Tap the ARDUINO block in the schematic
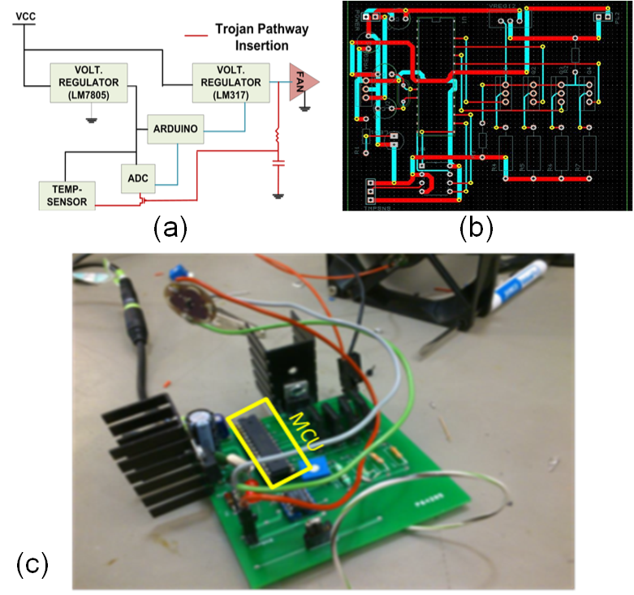tap(175, 127)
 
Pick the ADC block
tap(136, 178)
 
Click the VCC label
tap(27, 16)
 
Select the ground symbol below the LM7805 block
tap(92, 120)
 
